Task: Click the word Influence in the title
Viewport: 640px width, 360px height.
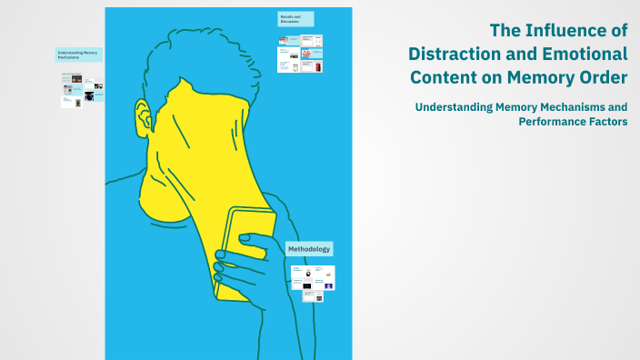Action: pyautogui.click(x=560, y=31)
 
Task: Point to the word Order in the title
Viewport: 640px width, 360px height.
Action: pyautogui.click(x=602, y=74)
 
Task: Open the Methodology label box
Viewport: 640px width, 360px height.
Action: pyautogui.click(x=309, y=249)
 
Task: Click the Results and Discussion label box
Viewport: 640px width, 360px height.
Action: pyautogui.click(x=295, y=18)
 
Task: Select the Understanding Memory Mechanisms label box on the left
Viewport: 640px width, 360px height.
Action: pyautogui.click(x=78, y=55)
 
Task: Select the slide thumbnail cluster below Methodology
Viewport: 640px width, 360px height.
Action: pyautogui.click(x=313, y=278)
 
